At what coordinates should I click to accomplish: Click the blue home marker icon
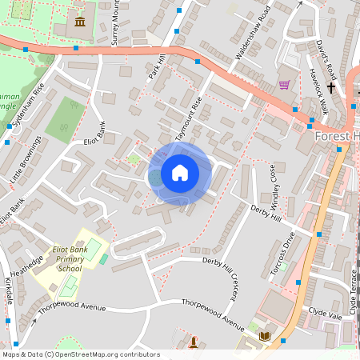[x=180, y=173]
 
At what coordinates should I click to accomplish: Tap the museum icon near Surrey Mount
[x=80, y=19]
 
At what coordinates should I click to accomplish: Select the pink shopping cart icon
[x=284, y=84]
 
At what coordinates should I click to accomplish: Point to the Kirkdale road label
[x=9, y=291]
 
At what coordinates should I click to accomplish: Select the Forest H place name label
[x=337, y=136]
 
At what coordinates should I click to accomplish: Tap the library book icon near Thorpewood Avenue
[x=265, y=337]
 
